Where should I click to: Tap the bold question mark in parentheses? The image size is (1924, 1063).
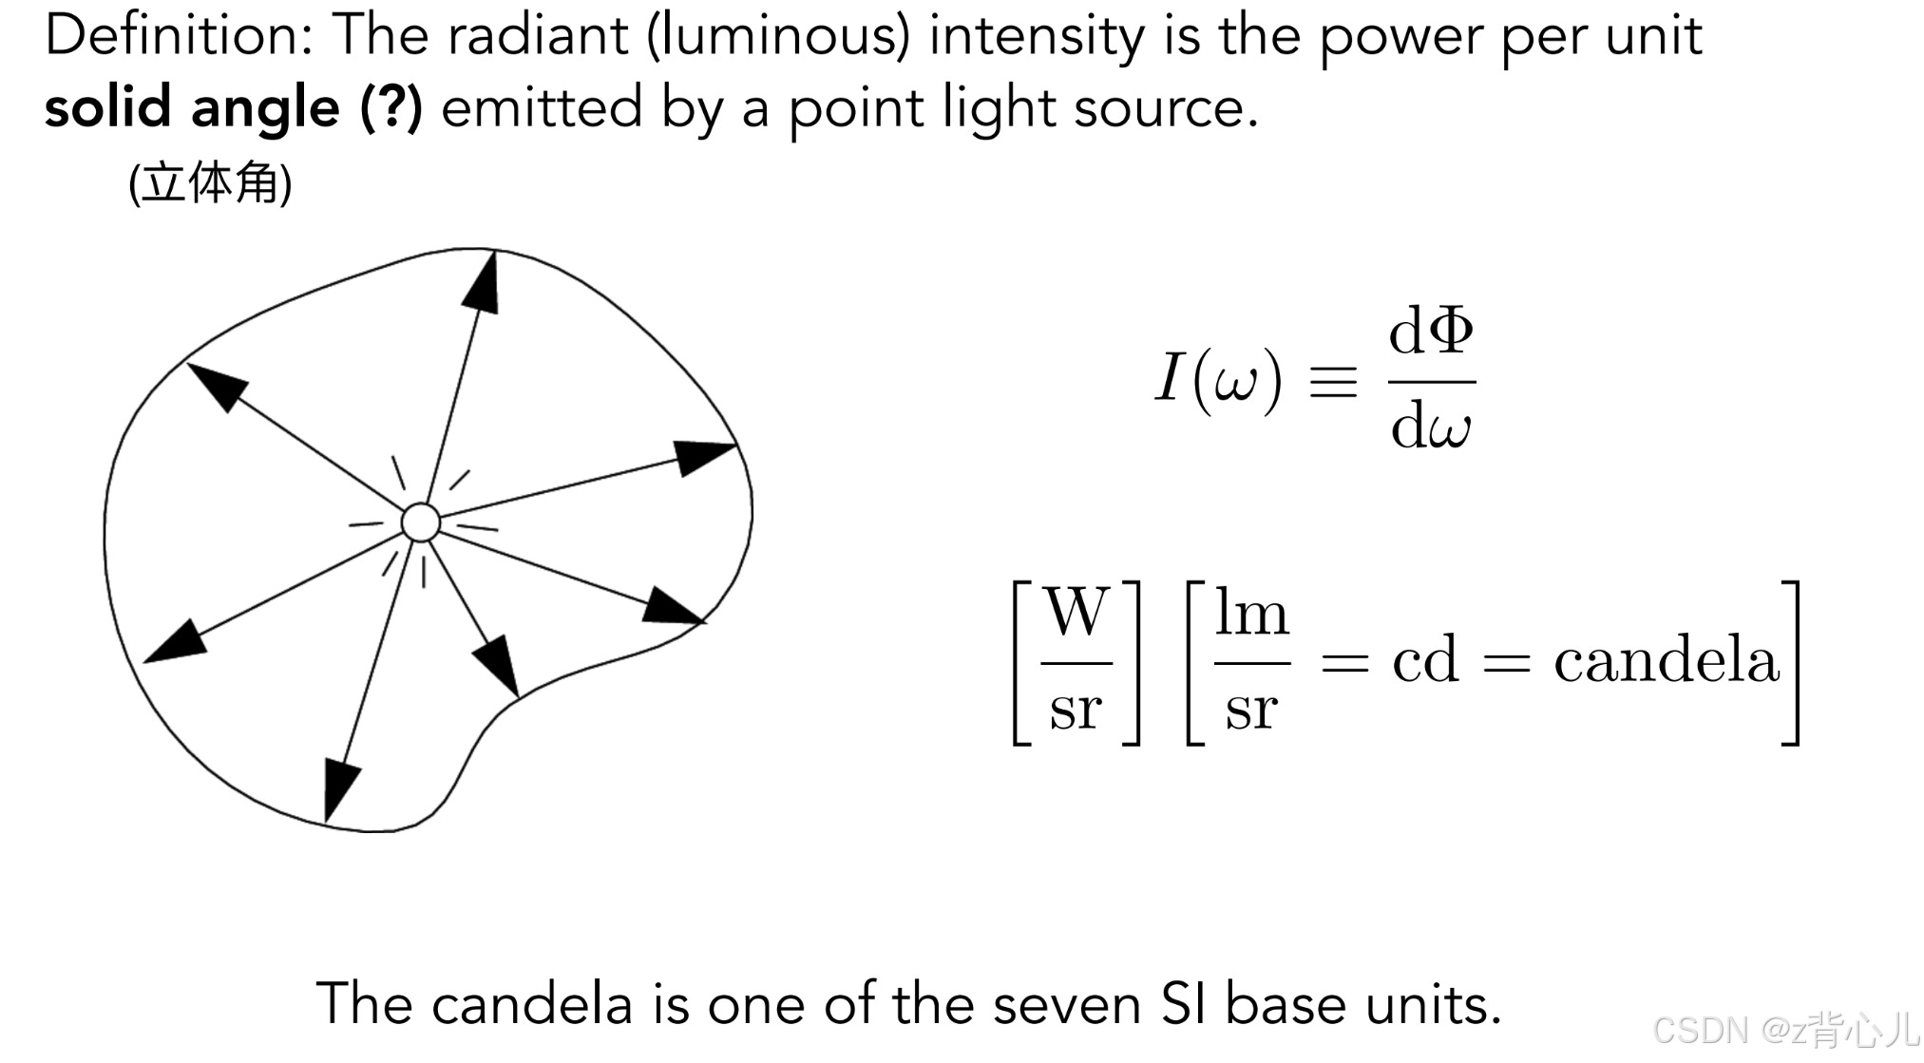coord(391,106)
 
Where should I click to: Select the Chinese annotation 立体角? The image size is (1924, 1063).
coord(210,182)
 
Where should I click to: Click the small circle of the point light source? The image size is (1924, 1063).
coord(420,522)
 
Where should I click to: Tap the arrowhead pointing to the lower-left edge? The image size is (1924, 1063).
coord(177,643)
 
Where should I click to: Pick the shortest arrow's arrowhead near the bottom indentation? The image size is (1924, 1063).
coord(498,663)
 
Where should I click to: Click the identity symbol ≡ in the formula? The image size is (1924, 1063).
coord(1333,382)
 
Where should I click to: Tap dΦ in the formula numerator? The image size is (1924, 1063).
coord(1431,332)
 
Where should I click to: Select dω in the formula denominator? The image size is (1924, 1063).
coord(1431,427)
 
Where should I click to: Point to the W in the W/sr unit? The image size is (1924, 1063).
coord(1077,612)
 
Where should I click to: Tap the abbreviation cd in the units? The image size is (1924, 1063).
coord(1424,660)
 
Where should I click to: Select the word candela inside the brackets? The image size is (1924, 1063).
coord(1666,660)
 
